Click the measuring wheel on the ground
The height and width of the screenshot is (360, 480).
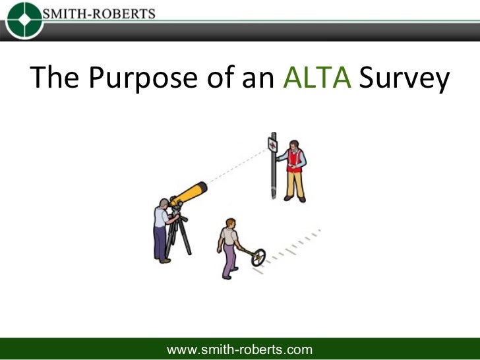click(x=258, y=256)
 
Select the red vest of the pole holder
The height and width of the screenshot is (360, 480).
click(x=295, y=160)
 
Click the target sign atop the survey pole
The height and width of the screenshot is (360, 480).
click(x=272, y=144)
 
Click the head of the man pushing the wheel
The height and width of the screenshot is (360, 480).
click(x=230, y=223)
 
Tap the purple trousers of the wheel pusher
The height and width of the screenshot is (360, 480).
click(x=228, y=260)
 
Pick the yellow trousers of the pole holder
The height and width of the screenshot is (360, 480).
click(x=296, y=185)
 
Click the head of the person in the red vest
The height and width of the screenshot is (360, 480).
click(x=294, y=144)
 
